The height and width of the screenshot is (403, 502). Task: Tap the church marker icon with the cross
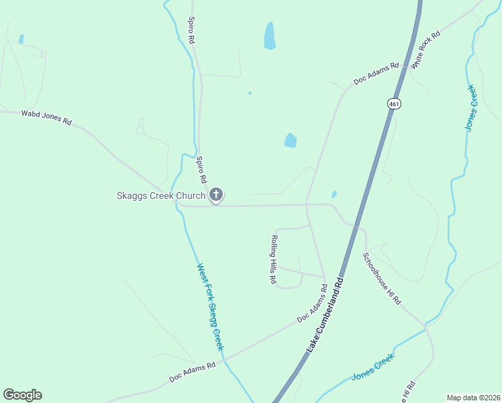216,195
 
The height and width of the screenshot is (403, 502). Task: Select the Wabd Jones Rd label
46,118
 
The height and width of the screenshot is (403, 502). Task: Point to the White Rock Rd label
426,50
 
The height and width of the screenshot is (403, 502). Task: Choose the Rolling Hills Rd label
274,260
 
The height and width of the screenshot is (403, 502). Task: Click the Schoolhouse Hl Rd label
382,279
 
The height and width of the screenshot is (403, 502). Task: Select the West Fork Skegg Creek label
209,306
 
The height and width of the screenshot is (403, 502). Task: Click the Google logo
22,395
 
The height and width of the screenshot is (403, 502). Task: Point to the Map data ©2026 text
472,397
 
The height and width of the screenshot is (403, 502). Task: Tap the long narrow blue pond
270,36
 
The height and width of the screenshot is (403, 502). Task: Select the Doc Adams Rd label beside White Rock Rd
376,74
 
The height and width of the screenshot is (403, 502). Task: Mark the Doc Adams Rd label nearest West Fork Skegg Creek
193,373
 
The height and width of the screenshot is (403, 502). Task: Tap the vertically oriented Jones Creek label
470,107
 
